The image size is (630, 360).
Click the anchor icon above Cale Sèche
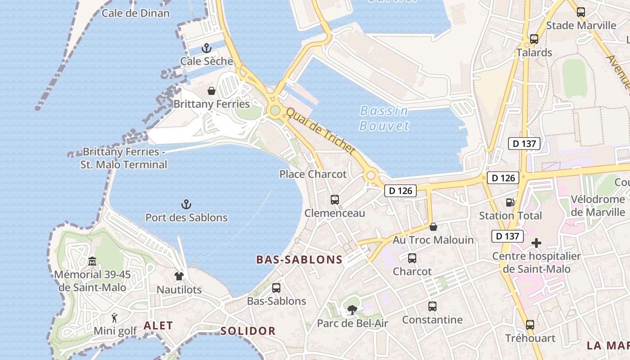pos(207,48)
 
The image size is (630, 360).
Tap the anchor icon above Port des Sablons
pos(186,204)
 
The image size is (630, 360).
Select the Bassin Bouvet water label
pos(384,118)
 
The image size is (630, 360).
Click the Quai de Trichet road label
pos(320,131)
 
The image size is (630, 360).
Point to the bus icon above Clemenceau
pos(335,199)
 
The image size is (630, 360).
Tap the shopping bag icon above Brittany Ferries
pos(211,91)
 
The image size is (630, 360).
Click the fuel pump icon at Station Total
pos(510,202)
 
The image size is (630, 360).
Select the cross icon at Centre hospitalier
pos(536,243)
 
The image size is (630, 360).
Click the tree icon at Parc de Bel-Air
pos(352,310)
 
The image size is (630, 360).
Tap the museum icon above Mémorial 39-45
pos(92,261)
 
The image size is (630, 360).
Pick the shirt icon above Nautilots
pos(179,276)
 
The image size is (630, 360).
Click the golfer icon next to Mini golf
pos(114,318)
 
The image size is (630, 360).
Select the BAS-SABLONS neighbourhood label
pos(299,260)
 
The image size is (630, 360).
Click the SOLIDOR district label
pos(248,331)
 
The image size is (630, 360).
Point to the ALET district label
pos(158,326)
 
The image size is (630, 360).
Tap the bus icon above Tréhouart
pos(530,324)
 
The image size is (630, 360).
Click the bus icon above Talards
pos(534,39)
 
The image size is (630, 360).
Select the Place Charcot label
pos(313,174)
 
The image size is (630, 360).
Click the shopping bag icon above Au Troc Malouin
pos(433,226)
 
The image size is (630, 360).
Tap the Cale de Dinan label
pos(135,13)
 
